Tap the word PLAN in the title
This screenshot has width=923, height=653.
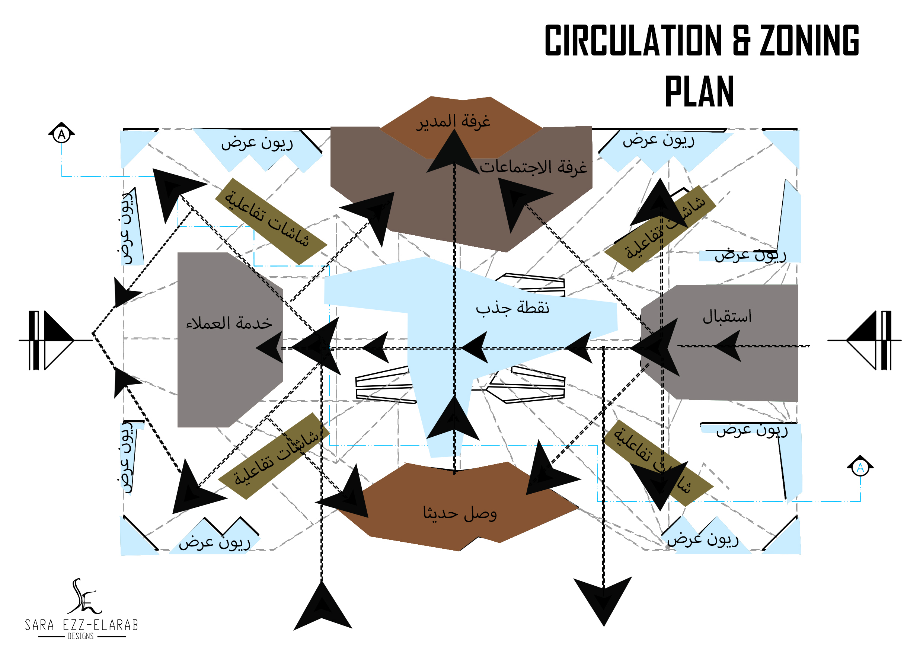click(x=699, y=91)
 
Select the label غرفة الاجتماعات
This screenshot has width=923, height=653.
click(x=533, y=167)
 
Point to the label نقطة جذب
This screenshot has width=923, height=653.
click(x=512, y=308)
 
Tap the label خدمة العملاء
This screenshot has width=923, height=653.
click(x=229, y=323)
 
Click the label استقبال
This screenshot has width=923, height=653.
click(x=727, y=316)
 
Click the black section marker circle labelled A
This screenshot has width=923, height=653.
click(x=61, y=134)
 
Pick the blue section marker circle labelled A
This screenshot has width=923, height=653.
click(x=860, y=468)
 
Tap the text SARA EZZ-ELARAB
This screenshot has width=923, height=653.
click(x=82, y=625)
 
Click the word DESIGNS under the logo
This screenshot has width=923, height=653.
click(x=81, y=636)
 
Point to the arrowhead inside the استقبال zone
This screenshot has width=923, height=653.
click(x=729, y=345)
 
